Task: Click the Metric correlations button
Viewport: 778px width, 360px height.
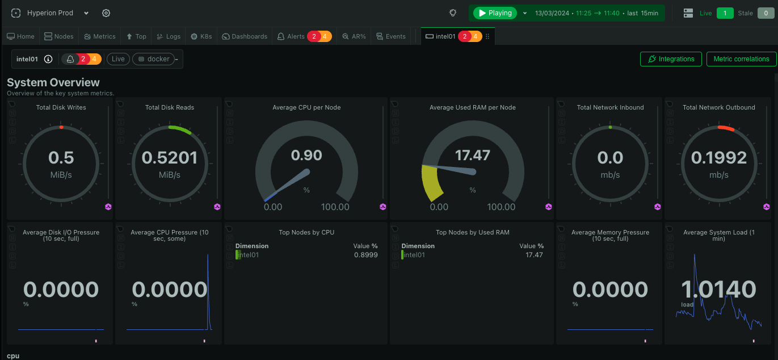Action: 741,59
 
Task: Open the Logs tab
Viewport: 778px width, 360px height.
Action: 169,36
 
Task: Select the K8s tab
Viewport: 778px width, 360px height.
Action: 201,36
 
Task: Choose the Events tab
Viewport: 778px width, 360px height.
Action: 391,36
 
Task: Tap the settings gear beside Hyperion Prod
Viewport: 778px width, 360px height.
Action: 106,13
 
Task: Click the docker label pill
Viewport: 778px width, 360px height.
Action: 154,59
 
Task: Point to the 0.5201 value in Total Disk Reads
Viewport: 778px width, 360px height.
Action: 169,157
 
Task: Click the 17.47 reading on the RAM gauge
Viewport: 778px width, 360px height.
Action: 472,155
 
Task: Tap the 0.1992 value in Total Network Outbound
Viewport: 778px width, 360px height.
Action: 718,157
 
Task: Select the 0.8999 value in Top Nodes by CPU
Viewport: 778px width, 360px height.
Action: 365,255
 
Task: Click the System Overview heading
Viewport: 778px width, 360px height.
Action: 53,83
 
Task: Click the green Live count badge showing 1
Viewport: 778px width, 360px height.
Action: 725,13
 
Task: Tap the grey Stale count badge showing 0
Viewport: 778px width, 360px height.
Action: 766,13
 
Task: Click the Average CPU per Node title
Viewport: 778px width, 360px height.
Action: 306,107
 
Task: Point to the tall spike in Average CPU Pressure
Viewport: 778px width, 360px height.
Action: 208,267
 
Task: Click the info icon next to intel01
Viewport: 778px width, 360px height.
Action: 48,59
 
